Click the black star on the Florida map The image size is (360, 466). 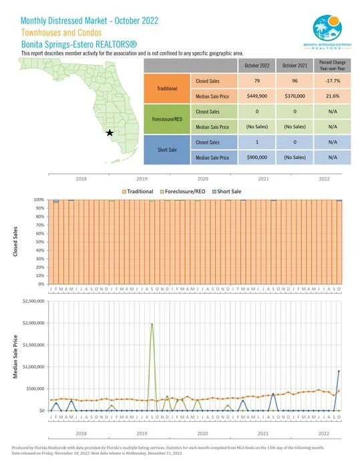(110, 133)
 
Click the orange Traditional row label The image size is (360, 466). (166, 88)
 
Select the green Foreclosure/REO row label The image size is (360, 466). (166, 119)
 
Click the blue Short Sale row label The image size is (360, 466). (166, 149)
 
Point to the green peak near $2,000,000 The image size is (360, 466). (152, 324)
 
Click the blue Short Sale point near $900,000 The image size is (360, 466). (339, 371)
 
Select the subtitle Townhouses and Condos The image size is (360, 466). (61, 31)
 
